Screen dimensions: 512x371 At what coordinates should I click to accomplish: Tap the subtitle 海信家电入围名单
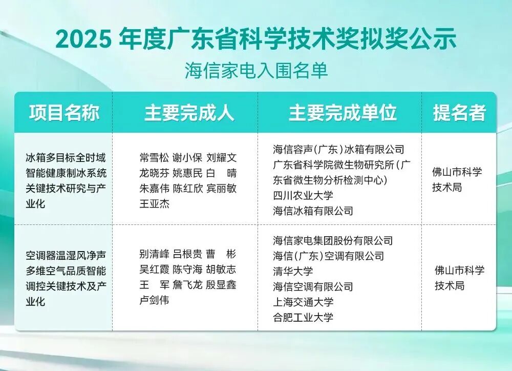(257, 70)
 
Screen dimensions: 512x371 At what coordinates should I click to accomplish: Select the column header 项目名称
(64, 113)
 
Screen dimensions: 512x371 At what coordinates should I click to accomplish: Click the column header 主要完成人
(189, 113)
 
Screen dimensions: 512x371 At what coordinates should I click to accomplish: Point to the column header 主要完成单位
(343, 113)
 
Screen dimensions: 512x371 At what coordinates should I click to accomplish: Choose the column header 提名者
(459, 113)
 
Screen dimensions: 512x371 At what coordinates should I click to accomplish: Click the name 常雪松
(154, 158)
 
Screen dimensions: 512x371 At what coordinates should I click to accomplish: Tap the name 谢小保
(188, 158)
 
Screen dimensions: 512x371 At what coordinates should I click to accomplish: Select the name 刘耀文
(221, 158)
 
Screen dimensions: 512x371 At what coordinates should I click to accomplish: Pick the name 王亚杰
(154, 204)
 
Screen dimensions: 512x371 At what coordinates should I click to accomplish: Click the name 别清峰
(154, 254)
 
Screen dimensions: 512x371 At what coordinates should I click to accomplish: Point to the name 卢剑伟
(154, 300)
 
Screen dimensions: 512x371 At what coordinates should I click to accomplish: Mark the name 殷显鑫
(221, 285)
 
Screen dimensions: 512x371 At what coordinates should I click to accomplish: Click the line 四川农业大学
(303, 195)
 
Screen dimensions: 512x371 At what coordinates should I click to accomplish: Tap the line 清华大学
(293, 271)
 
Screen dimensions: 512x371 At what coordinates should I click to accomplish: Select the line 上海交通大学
(303, 302)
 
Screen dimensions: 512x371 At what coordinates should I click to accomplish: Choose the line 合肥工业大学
(303, 317)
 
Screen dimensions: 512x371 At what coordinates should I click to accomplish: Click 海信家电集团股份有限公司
(333, 241)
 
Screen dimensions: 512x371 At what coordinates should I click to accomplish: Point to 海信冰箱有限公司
(313, 211)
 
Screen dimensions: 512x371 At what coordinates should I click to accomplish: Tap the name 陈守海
(188, 270)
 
